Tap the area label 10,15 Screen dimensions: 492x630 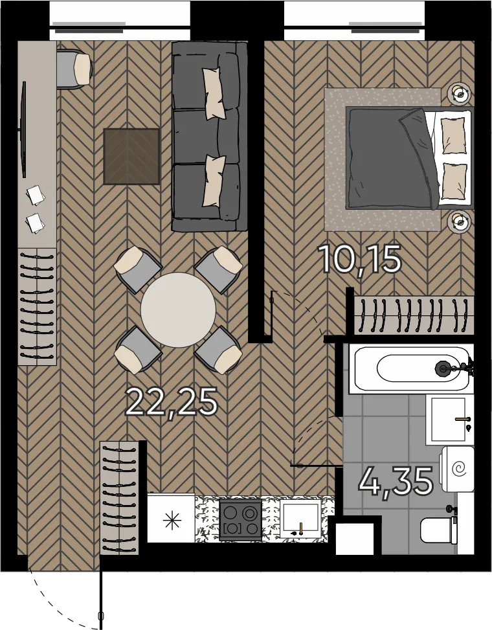click(360, 260)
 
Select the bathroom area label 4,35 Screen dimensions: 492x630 click(396, 480)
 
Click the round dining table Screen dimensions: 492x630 click(178, 309)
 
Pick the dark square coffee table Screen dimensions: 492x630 click(131, 156)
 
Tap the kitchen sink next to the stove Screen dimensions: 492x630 click(300, 519)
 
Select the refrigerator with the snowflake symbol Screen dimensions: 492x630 click(171, 518)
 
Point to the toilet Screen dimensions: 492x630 click(438, 530)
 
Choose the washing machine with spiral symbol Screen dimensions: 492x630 click(457, 469)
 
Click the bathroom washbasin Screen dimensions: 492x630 click(449, 420)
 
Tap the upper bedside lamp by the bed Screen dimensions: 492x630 click(459, 95)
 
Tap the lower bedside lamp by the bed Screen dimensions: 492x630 click(459, 221)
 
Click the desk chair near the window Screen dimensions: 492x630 click(74, 68)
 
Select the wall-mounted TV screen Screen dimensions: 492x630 click(24, 129)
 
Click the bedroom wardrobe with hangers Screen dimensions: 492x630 click(414, 316)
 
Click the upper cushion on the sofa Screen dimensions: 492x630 click(213, 93)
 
